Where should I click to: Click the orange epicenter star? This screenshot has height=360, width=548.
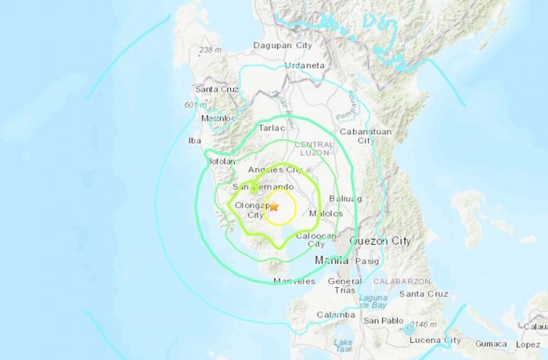pyautogui.click(x=273, y=207)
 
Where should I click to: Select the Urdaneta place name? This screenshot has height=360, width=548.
pyautogui.click(x=305, y=66)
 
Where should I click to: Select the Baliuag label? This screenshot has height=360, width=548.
pyautogui.click(x=348, y=199)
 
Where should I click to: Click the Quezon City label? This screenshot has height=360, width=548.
pyautogui.click(x=380, y=241)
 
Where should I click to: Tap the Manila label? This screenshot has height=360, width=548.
pyautogui.click(x=331, y=259)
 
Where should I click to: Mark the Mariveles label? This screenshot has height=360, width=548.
pyautogui.click(x=294, y=281)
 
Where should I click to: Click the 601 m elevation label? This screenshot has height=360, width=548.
pyautogui.click(x=195, y=106)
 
